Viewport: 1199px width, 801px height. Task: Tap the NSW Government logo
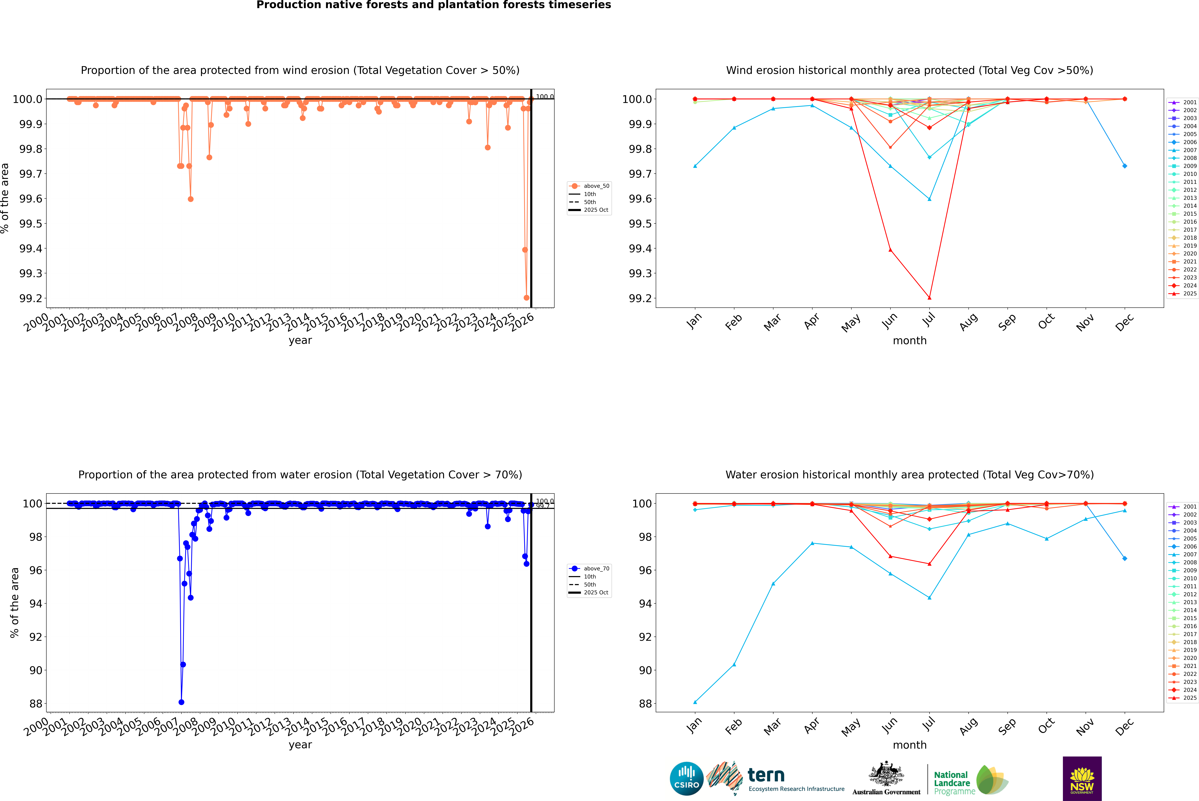[1082, 779]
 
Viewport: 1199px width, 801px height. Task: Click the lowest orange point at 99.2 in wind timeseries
[526, 298]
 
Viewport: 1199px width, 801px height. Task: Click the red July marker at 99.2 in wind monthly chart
[929, 298]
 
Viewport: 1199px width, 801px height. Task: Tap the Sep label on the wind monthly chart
[1007, 322]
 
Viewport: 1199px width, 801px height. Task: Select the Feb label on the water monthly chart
[733, 726]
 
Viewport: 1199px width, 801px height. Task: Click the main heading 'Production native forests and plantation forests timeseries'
[433, 5]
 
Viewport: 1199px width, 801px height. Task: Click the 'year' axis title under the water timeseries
[300, 745]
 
